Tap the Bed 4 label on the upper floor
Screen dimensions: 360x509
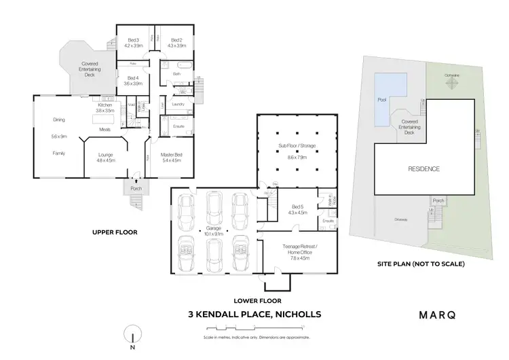pyautogui.click(x=132, y=78)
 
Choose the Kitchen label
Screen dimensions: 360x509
pyautogui.click(x=105, y=106)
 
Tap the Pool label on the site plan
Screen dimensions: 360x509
pyautogui.click(x=381, y=99)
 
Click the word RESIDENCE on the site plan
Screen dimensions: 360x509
pyautogui.click(x=423, y=168)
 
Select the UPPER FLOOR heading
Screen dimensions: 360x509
pyautogui.click(x=115, y=232)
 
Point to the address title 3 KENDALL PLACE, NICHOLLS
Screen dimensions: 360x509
pyautogui.click(x=254, y=314)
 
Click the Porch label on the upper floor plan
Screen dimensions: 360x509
pyautogui.click(x=136, y=188)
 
